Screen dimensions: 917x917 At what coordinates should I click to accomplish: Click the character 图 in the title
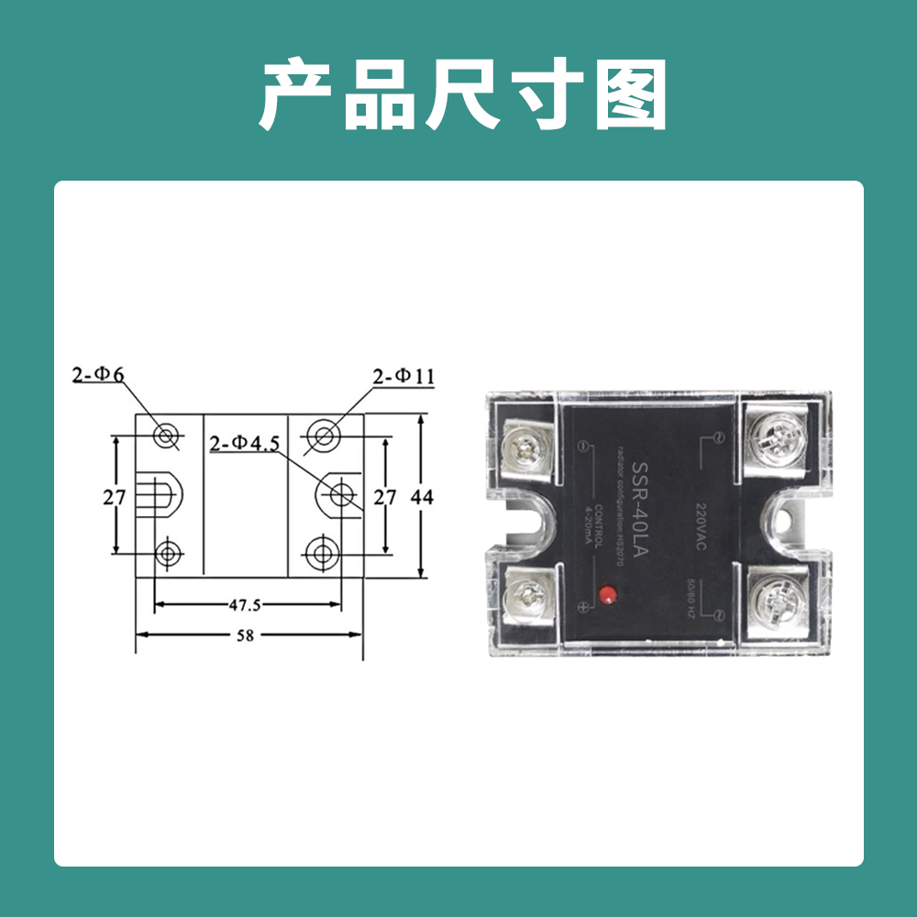(x=630, y=96)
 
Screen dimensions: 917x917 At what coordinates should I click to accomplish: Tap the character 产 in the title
(x=295, y=96)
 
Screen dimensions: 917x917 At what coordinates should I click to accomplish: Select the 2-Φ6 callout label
(x=99, y=374)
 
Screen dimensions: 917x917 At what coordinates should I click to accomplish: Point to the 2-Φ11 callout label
(x=403, y=376)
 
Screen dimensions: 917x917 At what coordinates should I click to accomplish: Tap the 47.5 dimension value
(x=245, y=605)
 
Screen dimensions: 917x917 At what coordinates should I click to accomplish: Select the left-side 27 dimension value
(x=114, y=497)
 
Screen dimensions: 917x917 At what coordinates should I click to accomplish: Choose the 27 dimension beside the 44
(x=385, y=497)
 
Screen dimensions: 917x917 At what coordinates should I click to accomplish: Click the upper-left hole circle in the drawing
(x=166, y=436)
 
